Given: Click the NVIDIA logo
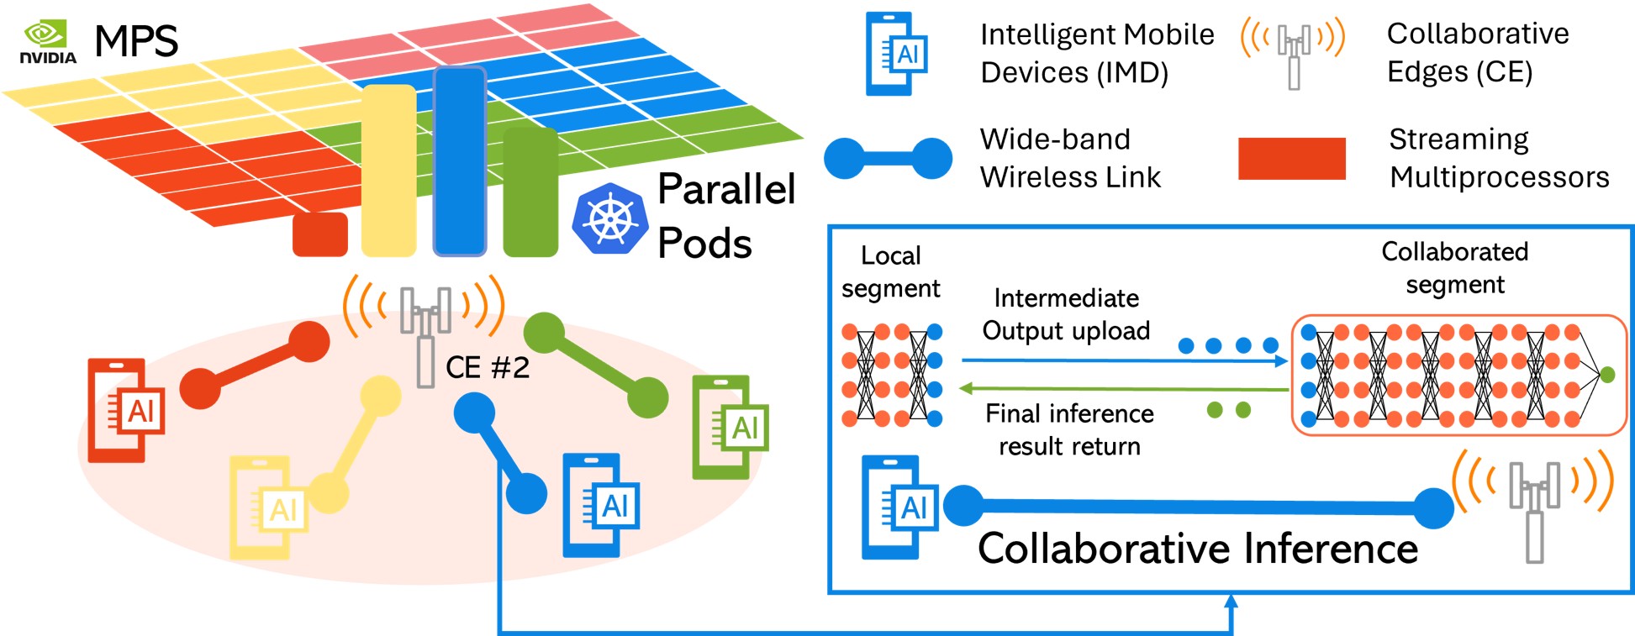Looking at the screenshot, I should point(47,42).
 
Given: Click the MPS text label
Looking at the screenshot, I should point(136,41).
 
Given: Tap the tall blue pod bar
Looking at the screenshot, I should point(460,160).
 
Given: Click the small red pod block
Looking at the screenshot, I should point(319,234).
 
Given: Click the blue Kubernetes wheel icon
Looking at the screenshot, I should point(611,218).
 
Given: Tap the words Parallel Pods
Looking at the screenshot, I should point(725,215).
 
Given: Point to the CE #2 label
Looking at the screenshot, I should point(487,367).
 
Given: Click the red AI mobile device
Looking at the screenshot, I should point(126,410).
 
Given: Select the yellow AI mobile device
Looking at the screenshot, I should point(268,507).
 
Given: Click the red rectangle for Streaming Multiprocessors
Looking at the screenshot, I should point(1291,159).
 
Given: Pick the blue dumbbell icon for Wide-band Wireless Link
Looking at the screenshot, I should point(888,158).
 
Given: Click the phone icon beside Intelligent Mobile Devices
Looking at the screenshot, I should point(896,54).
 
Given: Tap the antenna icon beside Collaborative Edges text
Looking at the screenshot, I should point(1293,52).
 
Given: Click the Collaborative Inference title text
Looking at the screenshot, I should point(1197,549).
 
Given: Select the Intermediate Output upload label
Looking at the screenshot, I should point(1066,314).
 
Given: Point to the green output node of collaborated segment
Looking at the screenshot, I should point(1607,375).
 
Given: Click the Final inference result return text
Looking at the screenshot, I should point(1069,429).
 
